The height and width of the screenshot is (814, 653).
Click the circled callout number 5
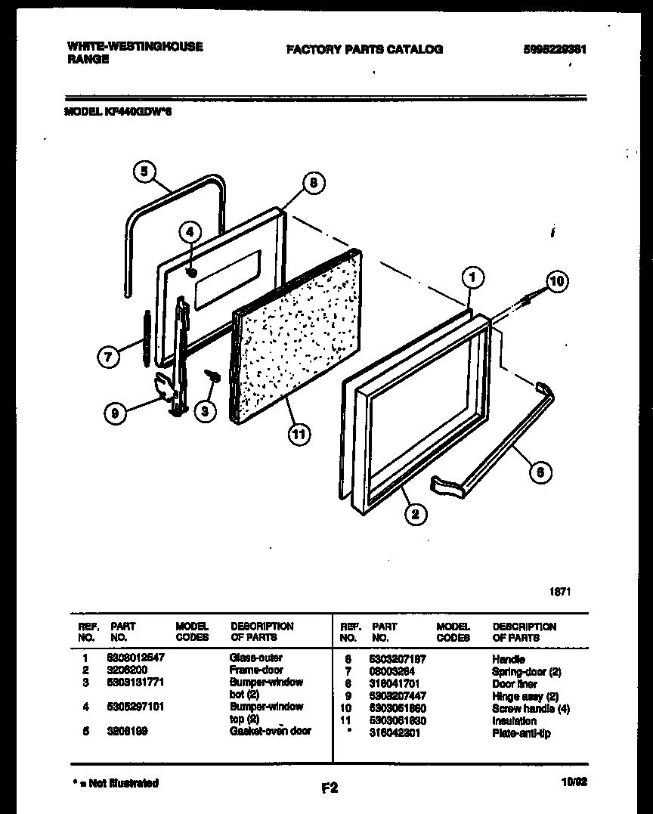tap(145, 172)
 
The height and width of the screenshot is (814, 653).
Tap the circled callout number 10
tap(556, 283)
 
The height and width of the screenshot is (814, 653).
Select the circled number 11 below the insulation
tap(300, 435)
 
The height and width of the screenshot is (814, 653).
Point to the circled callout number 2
tap(415, 515)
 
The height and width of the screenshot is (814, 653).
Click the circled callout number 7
tap(109, 357)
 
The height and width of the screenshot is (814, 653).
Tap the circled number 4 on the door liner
tap(191, 232)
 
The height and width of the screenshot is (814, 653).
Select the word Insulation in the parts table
tap(513, 721)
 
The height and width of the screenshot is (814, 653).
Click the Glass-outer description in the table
tap(255, 658)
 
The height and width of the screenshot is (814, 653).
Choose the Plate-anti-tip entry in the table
tap(521, 733)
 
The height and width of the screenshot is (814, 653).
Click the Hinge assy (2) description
tap(525, 696)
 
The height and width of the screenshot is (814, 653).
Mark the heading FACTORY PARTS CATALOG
tap(364, 50)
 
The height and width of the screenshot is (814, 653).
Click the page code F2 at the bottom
tap(329, 788)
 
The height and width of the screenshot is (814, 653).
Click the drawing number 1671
tap(559, 591)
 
